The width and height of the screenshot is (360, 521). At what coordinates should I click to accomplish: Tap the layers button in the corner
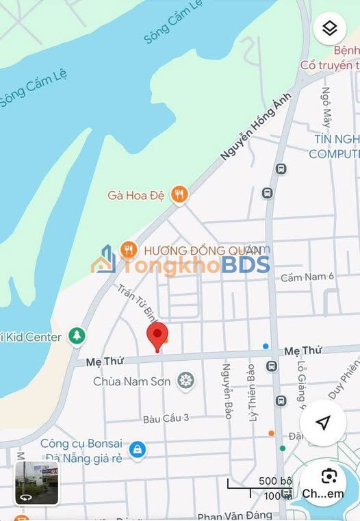click(329, 28)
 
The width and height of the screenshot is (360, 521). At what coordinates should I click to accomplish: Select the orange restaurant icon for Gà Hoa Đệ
click(179, 195)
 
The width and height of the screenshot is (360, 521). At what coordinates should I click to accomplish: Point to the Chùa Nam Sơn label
click(131, 381)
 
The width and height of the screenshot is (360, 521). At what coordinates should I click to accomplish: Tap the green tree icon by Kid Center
click(76, 336)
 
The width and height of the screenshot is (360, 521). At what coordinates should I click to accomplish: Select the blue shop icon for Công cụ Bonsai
click(138, 450)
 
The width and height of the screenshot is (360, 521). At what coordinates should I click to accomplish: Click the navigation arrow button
click(324, 422)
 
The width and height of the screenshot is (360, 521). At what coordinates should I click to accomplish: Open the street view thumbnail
click(37, 482)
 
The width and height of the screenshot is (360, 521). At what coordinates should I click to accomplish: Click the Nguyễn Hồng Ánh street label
click(256, 127)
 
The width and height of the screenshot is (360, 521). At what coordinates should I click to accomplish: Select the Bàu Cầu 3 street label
click(166, 418)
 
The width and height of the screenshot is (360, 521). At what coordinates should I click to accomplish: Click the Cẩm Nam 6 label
click(307, 277)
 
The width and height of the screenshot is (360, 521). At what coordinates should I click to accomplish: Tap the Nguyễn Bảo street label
click(226, 391)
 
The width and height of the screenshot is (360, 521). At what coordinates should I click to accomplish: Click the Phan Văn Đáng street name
click(234, 515)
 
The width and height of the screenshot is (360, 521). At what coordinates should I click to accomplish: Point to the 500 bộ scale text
click(275, 481)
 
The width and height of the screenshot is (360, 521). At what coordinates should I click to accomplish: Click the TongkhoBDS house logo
click(105, 260)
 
